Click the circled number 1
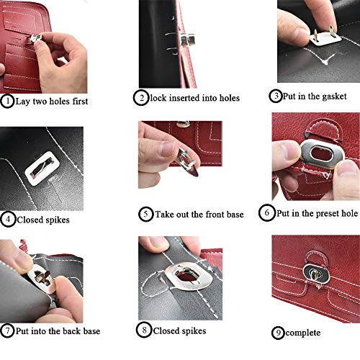click(x=7, y=101)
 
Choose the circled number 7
click(x=7, y=331)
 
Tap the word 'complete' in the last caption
click(x=305, y=333)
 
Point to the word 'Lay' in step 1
click(x=24, y=101)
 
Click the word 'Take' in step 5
click(x=167, y=214)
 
